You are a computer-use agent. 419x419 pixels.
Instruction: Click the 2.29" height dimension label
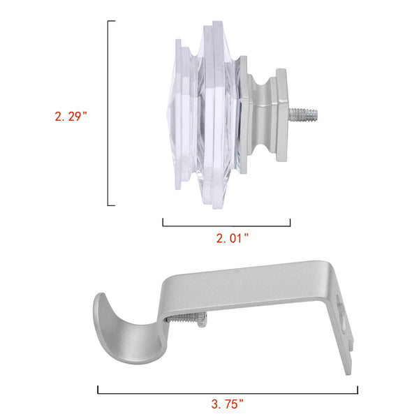click(71, 117)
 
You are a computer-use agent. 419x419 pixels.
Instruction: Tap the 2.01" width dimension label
click(233, 238)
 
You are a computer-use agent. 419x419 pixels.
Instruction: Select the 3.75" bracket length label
click(228, 404)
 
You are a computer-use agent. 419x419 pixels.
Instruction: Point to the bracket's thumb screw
click(187, 319)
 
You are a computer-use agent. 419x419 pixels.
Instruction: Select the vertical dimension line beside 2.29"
click(108, 113)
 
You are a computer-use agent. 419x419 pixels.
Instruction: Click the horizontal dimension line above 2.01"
click(226, 226)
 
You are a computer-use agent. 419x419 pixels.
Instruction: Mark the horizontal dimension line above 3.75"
click(228, 393)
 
